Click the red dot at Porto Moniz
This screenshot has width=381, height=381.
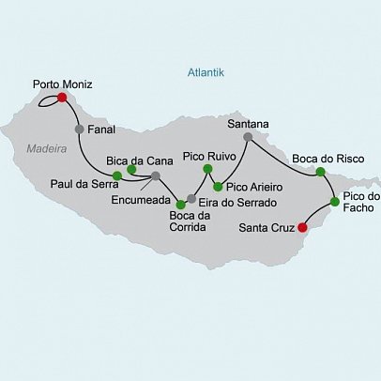[x=62, y=97]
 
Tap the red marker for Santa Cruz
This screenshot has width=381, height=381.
[x=302, y=226]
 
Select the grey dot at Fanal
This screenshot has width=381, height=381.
[x=79, y=130]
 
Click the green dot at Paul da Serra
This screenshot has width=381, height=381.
[x=116, y=175]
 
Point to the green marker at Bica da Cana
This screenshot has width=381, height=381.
[x=131, y=170]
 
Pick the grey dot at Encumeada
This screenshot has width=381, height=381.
[x=156, y=175]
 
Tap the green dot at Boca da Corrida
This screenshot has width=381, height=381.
[x=180, y=204]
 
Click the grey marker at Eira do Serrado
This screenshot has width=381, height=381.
[x=191, y=198]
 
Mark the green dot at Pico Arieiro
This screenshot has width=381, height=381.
[x=218, y=186]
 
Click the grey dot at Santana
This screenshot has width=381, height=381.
[x=248, y=137]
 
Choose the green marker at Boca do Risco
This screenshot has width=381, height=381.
[x=320, y=172]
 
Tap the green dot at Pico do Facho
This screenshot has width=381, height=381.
[x=335, y=202]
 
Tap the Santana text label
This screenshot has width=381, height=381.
[x=249, y=123]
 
